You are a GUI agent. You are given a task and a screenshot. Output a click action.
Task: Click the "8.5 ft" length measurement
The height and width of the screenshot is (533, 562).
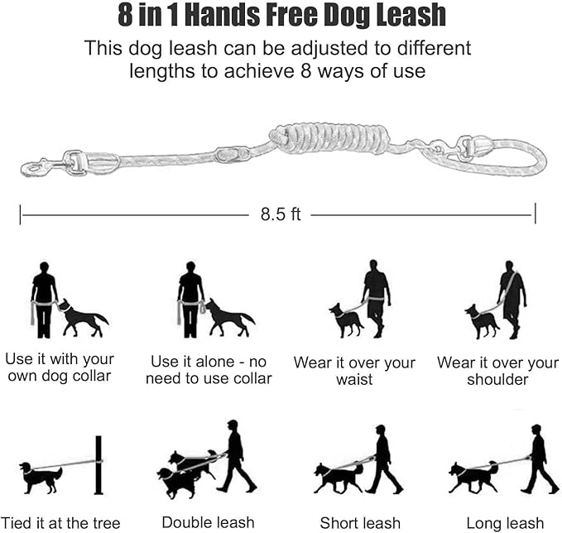281,214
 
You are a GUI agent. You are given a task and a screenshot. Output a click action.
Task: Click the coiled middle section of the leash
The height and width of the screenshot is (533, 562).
330,137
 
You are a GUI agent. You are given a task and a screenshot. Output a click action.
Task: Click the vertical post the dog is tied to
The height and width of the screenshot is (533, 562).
98,465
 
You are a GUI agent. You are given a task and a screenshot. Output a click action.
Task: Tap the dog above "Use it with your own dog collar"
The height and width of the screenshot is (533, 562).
83,318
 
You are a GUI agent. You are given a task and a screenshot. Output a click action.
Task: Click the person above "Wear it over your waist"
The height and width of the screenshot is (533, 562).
377,298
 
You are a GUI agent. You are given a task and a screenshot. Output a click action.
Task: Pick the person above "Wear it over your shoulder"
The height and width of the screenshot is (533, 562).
512,298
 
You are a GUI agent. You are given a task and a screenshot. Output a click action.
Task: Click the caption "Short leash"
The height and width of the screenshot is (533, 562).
360,522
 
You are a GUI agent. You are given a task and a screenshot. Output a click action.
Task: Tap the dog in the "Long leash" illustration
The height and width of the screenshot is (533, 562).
473,477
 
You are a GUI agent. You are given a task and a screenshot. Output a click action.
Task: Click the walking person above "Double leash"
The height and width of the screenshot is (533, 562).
233,455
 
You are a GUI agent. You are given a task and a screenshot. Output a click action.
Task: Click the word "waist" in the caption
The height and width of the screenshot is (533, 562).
354,380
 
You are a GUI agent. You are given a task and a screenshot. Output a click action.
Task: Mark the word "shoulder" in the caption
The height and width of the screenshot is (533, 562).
497,380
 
